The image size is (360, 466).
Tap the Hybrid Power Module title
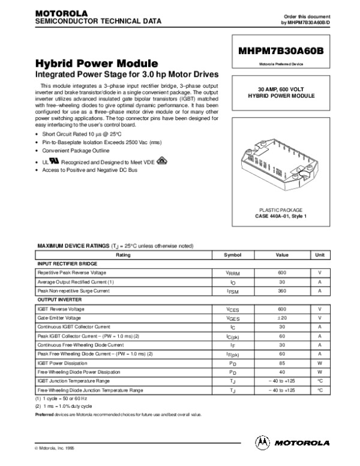(x=96, y=64)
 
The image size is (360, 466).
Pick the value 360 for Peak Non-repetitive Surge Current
(x=281, y=291)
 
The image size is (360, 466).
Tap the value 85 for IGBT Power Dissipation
(x=281, y=363)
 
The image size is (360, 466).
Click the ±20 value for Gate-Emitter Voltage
(x=281, y=318)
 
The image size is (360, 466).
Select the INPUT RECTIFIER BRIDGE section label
(x=67, y=264)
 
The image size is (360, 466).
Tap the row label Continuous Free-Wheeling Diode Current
(x=80, y=345)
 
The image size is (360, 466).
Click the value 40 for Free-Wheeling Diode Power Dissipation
(x=281, y=372)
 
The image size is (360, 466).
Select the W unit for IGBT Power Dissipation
(x=320, y=363)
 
